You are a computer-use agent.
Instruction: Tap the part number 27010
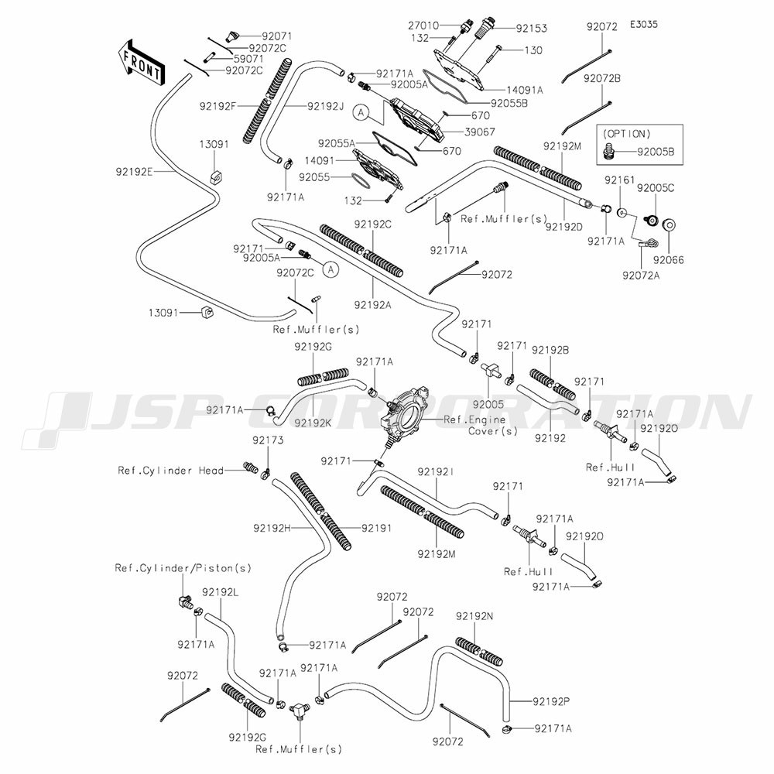(423, 26)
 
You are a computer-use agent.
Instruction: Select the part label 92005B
(656, 152)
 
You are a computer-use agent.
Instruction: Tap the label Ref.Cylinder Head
(170, 470)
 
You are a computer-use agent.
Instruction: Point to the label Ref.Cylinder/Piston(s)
(183, 568)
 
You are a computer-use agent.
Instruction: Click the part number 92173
(267, 440)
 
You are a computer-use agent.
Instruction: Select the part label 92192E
(136, 173)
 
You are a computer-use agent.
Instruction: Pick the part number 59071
(246, 58)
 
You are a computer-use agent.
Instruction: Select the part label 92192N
(474, 615)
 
